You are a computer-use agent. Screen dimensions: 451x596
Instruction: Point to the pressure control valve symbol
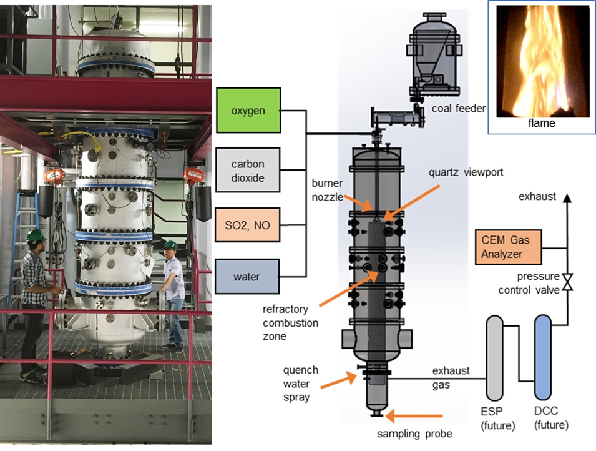[x=567, y=282]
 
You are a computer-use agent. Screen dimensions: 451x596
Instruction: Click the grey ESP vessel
[x=495, y=357]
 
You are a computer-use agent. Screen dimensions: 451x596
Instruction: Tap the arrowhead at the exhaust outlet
[x=567, y=198]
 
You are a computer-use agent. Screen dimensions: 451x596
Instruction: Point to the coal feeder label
[x=458, y=109]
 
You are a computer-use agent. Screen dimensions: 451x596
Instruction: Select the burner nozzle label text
[x=328, y=191]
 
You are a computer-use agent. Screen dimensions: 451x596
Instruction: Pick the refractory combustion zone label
[x=290, y=323]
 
